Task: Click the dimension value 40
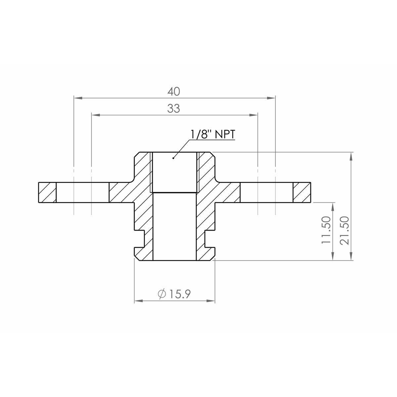coord(174,92)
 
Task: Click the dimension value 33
coord(174,109)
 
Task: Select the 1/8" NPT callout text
coord(213,135)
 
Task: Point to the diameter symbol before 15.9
coord(162,294)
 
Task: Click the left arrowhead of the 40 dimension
coord(77,98)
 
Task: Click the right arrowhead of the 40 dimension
coord(271,98)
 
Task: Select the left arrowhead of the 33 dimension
coord(95,115)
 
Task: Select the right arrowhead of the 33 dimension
coord(253,115)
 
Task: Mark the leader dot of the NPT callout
coord(173,158)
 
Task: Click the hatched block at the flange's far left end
coord(47,193)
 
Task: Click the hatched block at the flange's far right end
coord(302,193)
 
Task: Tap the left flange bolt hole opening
coord(82,193)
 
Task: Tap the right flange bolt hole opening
coord(266,193)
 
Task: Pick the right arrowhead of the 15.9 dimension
coord(211,301)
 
